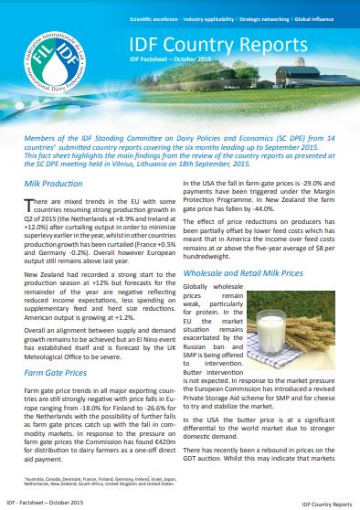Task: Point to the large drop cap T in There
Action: (29, 207)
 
